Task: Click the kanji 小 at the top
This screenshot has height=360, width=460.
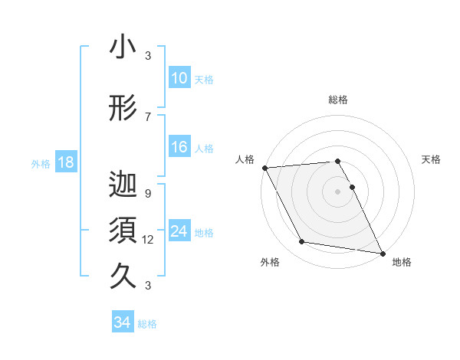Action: tap(123, 48)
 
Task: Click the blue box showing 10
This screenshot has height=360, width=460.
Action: tap(179, 78)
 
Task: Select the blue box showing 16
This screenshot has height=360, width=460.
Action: tap(179, 148)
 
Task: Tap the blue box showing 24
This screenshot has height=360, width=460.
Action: tap(179, 232)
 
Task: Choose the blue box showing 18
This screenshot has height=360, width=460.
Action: tap(65, 163)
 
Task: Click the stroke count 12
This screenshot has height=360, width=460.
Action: tap(149, 240)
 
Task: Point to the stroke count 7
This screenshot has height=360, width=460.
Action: tap(148, 116)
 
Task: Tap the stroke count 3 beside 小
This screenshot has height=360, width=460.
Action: tap(148, 56)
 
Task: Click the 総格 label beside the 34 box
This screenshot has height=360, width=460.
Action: tap(147, 324)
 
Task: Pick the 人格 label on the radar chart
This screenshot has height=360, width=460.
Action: tap(245, 159)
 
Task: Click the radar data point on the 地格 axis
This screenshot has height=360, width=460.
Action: tap(383, 252)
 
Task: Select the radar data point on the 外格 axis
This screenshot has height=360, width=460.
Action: tap(302, 243)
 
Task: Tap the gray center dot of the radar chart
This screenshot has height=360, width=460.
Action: tap(338, 191)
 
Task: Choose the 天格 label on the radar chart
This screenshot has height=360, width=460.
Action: tap(432, 159)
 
